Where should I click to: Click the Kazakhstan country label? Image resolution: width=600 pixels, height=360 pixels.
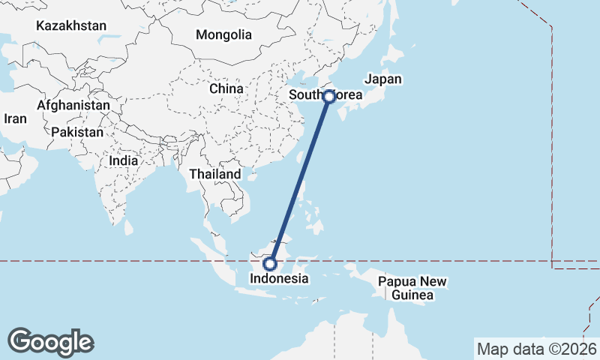click(71, 25)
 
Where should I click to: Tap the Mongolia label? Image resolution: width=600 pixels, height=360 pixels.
click(223, 34)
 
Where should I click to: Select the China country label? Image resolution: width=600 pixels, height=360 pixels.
click(226, 88)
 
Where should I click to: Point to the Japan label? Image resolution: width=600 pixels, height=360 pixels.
click(383, 79)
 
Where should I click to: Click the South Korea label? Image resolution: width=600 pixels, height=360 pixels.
click(325, 95)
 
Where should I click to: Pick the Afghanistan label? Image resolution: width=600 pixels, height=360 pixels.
click(73, 106)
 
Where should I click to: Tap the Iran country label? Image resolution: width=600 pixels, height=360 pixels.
click(15, 118)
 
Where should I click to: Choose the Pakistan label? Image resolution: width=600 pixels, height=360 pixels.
click(77, 132)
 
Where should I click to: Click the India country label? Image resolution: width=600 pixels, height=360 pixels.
click(123, 160)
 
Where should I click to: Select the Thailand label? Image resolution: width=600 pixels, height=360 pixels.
click(215, 174)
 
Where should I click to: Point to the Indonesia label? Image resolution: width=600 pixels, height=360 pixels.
click(279, 278)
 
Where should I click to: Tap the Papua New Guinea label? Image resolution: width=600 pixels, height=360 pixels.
click(412, 289)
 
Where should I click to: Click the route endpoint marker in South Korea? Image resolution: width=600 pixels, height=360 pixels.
click(328, 96)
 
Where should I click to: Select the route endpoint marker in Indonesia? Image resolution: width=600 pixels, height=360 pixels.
click(270, 263)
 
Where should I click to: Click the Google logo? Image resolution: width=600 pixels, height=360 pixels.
click(51, 342)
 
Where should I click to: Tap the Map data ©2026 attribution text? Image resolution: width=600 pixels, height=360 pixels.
click(537, 349)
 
